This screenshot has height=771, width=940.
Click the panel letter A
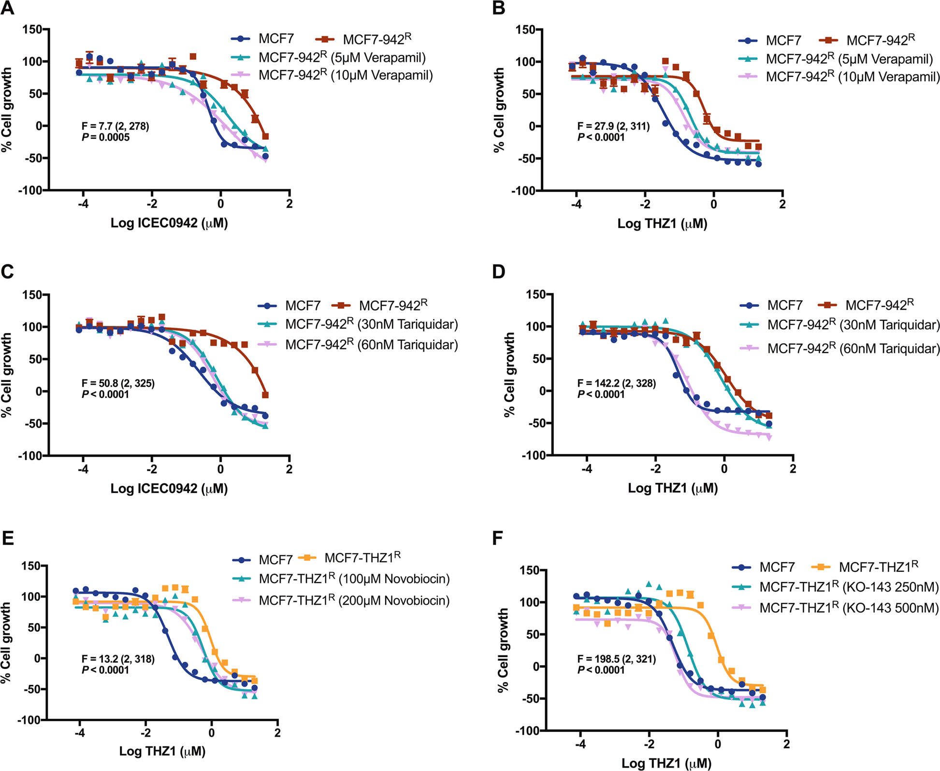click(8, 8)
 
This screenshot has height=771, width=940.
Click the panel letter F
click(498, 538)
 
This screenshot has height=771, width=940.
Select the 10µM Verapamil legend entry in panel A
click(346, 75)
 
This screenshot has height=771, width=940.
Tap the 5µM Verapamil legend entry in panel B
click(849, 59)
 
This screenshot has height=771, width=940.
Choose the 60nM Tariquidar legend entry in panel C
click(371, 345)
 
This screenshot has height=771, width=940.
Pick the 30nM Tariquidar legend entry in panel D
click(853, 325)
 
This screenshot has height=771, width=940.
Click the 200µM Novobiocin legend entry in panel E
click(354, 600)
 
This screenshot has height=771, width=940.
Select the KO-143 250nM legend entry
click(849, 587)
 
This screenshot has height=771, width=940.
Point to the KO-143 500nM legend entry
click(849, 608)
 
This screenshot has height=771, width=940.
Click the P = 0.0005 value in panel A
click(106, 137)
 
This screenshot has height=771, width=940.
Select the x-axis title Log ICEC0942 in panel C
click(169, 488)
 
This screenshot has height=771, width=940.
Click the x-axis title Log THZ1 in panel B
click(662, 223)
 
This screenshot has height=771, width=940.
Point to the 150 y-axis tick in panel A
click(33, 29)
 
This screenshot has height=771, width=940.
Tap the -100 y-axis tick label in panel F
click(527, 730)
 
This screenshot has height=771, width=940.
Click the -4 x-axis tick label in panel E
click(80, 733)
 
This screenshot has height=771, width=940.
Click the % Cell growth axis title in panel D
click(509, 375)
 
